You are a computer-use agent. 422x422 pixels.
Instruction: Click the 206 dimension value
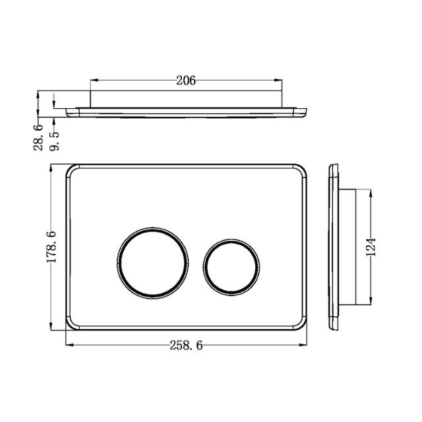(187, 81)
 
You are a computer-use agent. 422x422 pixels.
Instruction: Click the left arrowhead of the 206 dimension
(92, 81)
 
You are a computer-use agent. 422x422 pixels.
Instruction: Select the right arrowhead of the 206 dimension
(281, 81)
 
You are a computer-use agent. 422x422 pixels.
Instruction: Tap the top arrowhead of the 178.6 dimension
(52, 166)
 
